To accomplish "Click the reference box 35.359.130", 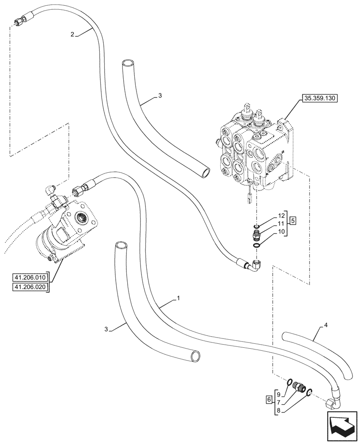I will point(320,98).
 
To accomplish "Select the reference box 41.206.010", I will point(31,278).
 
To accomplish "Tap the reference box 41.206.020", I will point(31,287).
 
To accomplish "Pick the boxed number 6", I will point(269,400).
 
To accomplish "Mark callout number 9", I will point(278,393).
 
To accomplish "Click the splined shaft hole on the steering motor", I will point(84,218).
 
